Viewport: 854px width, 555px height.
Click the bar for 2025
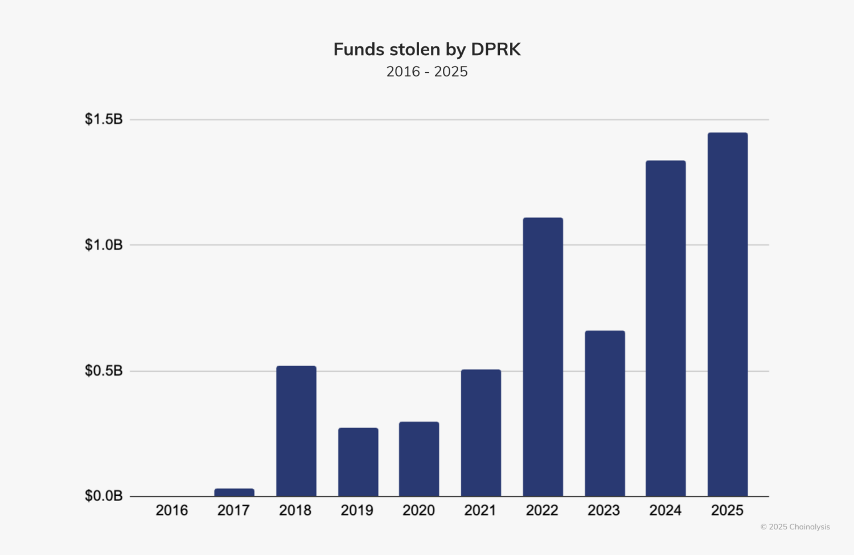click(x=728, y=314)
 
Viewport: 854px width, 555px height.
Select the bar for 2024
click(x=666, y=328)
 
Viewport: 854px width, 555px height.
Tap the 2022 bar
click(x=543, y=357)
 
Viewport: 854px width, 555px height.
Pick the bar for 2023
click(x=605, y=413)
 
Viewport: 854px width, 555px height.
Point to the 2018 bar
click(x=296, y=431)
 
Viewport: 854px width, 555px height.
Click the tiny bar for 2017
click(x=234, y=492)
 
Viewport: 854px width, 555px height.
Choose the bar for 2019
click(x=358, y=462)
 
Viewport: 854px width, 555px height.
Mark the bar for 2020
click(x=419, y=459)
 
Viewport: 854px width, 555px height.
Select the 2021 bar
click(x=481, y=433)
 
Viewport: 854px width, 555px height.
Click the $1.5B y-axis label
click(x=104, y=120)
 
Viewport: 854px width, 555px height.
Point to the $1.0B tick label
click(x=104, y=245)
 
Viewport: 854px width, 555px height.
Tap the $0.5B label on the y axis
click(x=104, y=371)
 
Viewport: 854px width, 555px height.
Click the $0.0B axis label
click(x=104, y=496)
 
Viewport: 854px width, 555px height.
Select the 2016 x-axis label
click(x=172, y=511)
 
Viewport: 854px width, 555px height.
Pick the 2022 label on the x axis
click(x=542, y=511)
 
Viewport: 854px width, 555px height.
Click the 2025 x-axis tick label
click(x=727, y=511)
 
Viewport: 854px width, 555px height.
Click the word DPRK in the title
click(x=496, y=50)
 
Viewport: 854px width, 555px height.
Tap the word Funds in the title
click(x=358, y=50)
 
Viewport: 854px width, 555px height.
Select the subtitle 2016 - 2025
click(x=427, y=72)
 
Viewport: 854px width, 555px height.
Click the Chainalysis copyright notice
click(x=795, y=527)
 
